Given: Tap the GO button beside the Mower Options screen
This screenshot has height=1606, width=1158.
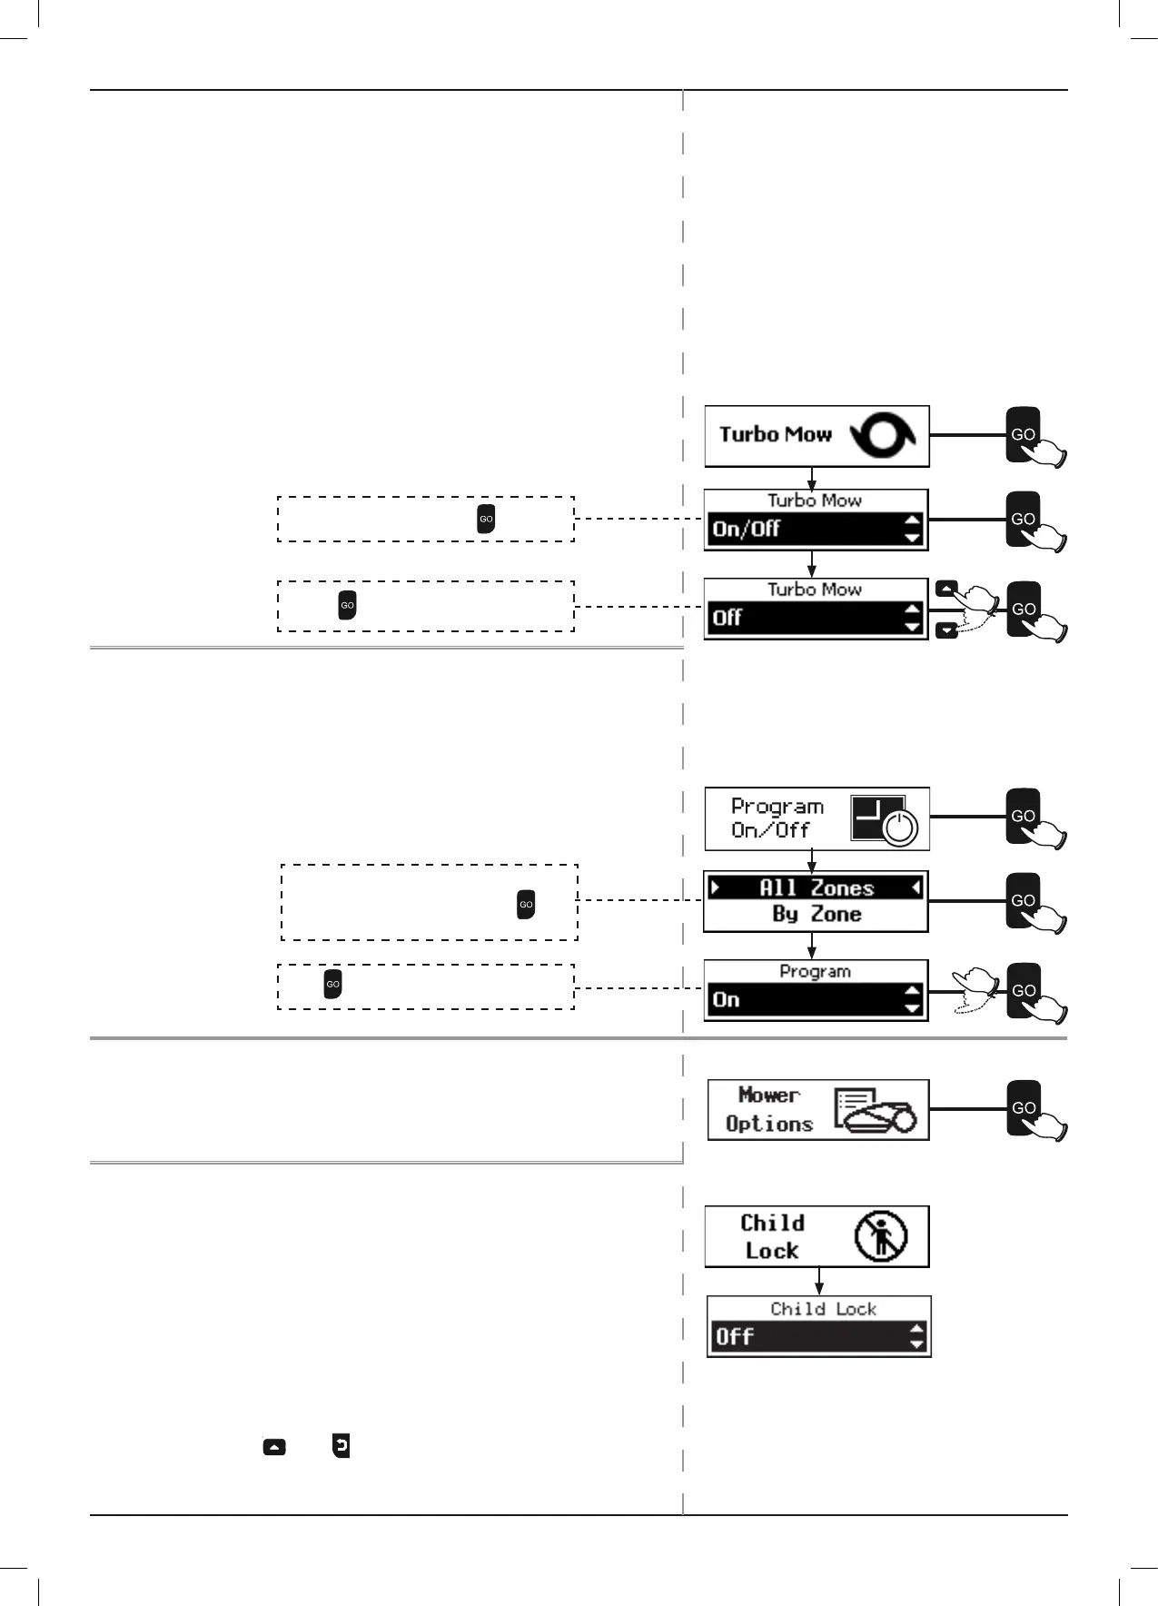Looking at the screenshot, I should coord(1023,1107).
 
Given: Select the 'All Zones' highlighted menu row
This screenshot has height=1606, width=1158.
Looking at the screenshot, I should coord(816,887).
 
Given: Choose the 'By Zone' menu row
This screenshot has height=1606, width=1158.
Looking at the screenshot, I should coord(816,915).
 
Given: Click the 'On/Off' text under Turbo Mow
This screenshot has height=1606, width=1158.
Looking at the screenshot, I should coord(747,529).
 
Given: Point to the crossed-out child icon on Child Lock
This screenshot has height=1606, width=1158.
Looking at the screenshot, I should coord(880,1236).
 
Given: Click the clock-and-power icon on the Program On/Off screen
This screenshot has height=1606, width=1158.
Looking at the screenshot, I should coord(883,818).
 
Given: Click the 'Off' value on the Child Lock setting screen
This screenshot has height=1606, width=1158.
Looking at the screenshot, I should coord(734,1336).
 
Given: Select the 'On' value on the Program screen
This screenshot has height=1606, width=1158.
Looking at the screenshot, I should coord(726,1000).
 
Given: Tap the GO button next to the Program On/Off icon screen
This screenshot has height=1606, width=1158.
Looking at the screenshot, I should coord(1023,816).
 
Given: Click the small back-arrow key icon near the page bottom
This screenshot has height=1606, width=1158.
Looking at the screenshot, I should coord(341,1445).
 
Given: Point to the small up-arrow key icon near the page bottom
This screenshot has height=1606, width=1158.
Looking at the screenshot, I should coord(274,1447).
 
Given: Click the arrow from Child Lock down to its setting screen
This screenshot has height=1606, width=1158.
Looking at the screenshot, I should coord(819,1281).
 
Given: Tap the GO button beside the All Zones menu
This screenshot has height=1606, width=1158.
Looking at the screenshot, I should coord(1023,900).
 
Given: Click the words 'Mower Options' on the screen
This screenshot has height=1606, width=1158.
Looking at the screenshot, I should coord(768,1109).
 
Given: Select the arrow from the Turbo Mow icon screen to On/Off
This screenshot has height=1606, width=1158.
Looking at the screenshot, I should coord(812,478).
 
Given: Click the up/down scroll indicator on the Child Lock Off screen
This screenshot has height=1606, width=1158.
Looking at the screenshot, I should coord(916,1336).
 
